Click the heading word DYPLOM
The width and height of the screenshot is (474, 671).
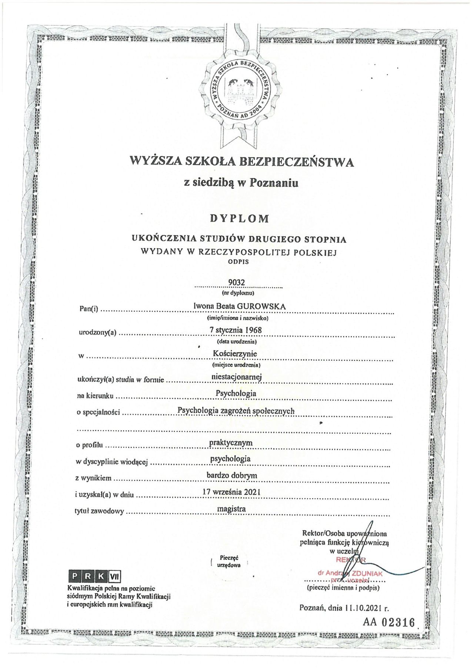point(240,218)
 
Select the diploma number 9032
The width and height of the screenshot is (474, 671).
point(237,282)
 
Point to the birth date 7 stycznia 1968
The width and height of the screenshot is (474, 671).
point(236,330)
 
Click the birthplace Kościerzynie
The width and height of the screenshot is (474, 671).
point(235,354)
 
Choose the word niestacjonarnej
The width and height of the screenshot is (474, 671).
point(236,377)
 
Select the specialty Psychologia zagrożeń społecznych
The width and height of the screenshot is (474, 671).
point(236,411)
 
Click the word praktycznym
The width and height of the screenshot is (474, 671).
point(231,443)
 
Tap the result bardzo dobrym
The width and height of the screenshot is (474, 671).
point(232,475)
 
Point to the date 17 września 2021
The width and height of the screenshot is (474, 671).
point(231,492)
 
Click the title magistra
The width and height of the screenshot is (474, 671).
point(231,509)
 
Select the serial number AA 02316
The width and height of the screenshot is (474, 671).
point(389,622)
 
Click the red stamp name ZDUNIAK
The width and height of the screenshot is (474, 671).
point(367,574)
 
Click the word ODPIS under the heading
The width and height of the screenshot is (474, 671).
point(238,262)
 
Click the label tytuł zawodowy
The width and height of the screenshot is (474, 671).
point(99,511)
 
